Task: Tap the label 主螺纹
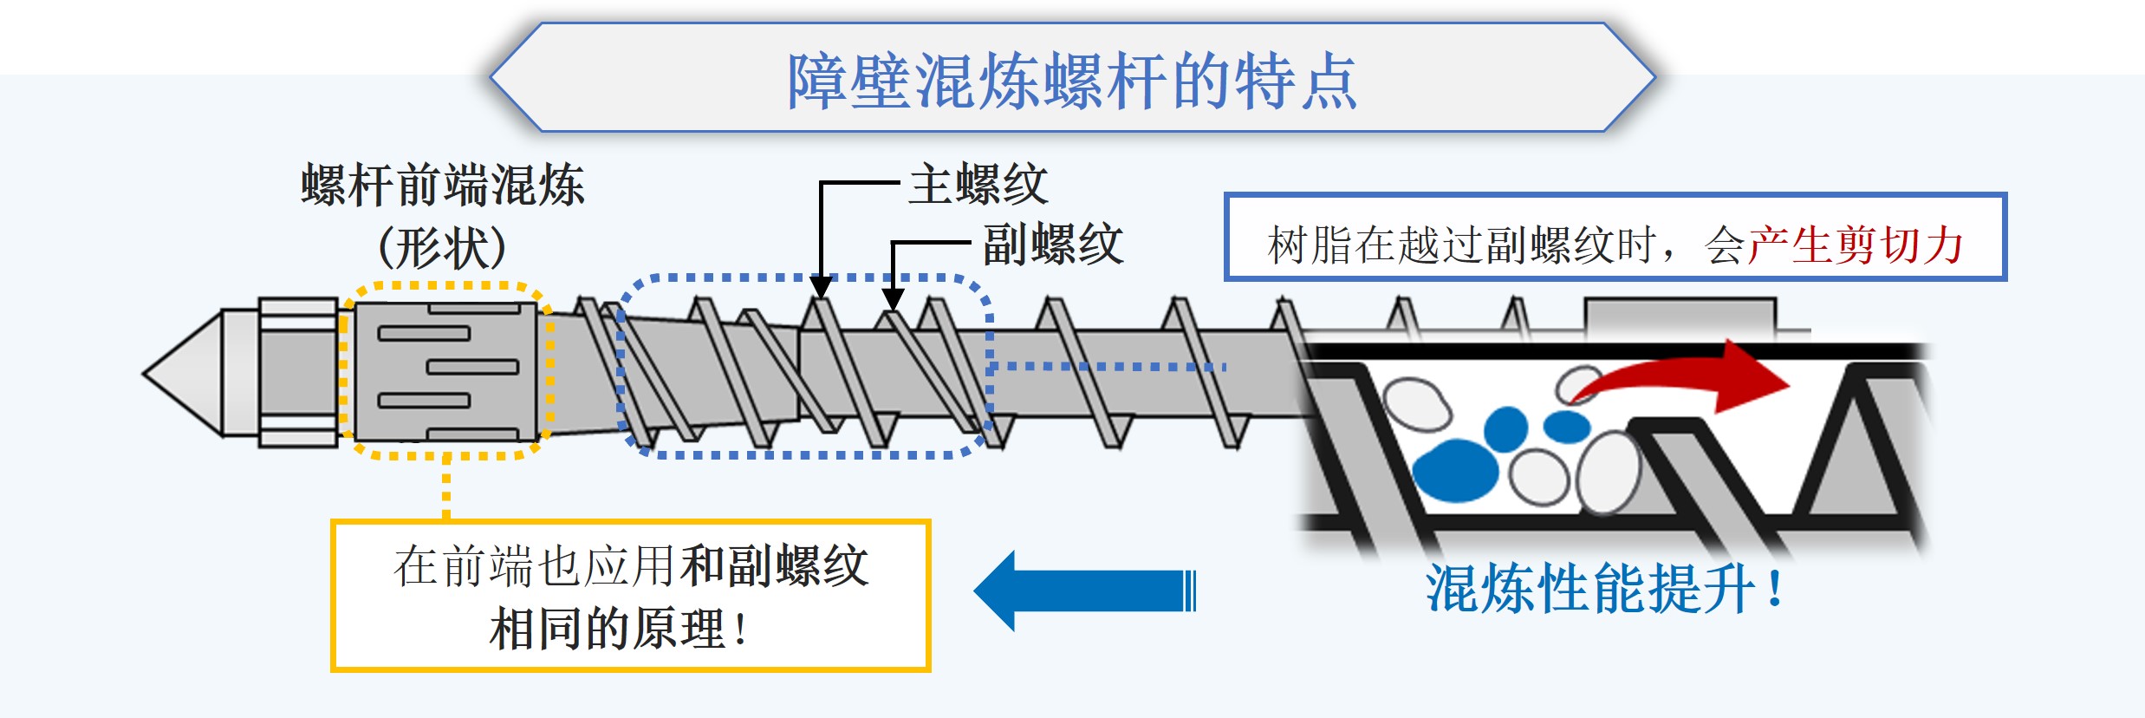point(978,185)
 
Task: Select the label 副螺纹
point(1053,244)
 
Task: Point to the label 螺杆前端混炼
point(443,186)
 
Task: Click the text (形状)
point(442,248)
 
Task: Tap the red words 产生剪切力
point(1856,245)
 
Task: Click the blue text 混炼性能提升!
point(1604,590)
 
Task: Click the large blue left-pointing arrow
point(1083,591)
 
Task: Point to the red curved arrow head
point(1751,377)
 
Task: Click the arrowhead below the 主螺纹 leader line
point(821,287)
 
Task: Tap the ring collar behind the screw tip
point(298,373)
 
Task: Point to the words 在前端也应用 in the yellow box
point(534,567)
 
